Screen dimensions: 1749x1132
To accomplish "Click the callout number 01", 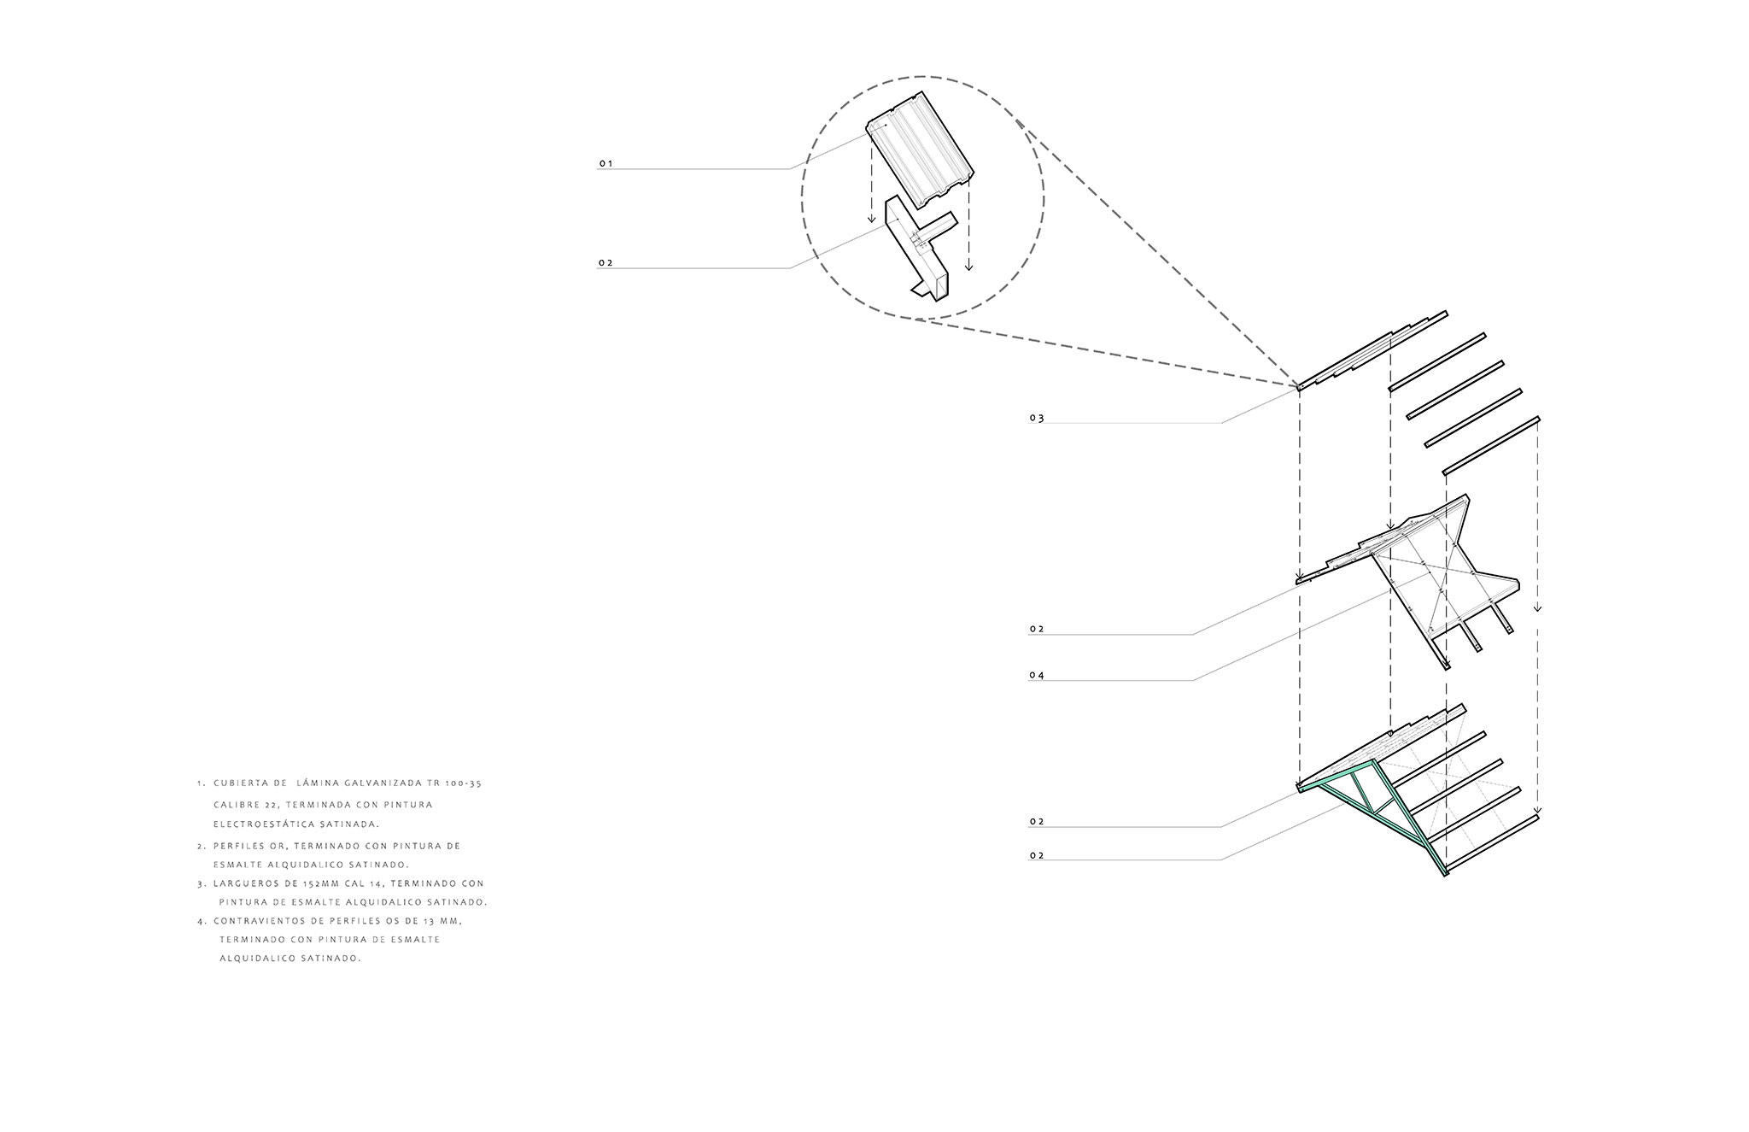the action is click(x=605, y=163).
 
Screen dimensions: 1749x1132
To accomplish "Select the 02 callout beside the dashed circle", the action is click(x=605, y=263).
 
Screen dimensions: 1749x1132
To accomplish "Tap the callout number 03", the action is click(x=1037, y=419).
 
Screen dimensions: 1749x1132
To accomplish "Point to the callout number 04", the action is click(x=1037, y=676).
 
